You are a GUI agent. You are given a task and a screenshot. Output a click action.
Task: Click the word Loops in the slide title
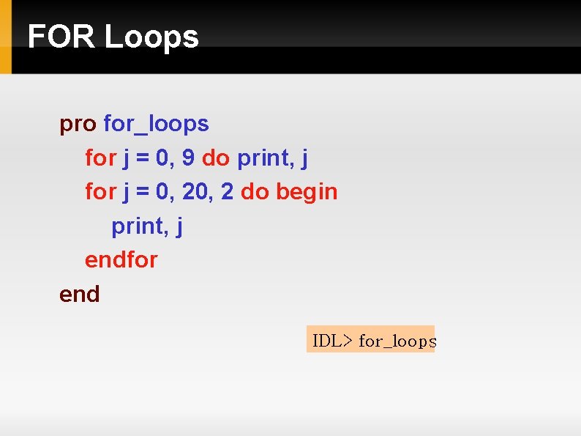(151, 37)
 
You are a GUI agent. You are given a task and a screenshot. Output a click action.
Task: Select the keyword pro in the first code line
(78, 125)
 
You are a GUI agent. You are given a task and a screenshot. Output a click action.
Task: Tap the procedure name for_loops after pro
(157, 125)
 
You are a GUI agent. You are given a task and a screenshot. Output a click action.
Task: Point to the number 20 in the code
(193, 191)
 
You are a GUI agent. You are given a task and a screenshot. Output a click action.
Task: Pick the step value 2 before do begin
(227, 191)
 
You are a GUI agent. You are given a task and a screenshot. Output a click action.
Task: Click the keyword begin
(307, 192)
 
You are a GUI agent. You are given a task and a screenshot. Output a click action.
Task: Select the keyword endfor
(121, 259)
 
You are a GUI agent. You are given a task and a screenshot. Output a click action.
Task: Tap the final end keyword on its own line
(79, 294)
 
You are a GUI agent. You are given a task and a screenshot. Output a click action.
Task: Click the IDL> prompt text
(332, 341)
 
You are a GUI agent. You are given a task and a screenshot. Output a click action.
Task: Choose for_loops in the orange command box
(397, 341)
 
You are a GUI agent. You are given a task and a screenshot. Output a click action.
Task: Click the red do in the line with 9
(215, 158)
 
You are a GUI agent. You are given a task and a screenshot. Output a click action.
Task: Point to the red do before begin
(255, 191)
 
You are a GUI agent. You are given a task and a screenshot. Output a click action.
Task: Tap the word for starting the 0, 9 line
(100, 158)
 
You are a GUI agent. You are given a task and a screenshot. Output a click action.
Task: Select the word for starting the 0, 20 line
(100, 191)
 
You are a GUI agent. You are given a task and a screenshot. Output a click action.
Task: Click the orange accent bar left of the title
(5, 37)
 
